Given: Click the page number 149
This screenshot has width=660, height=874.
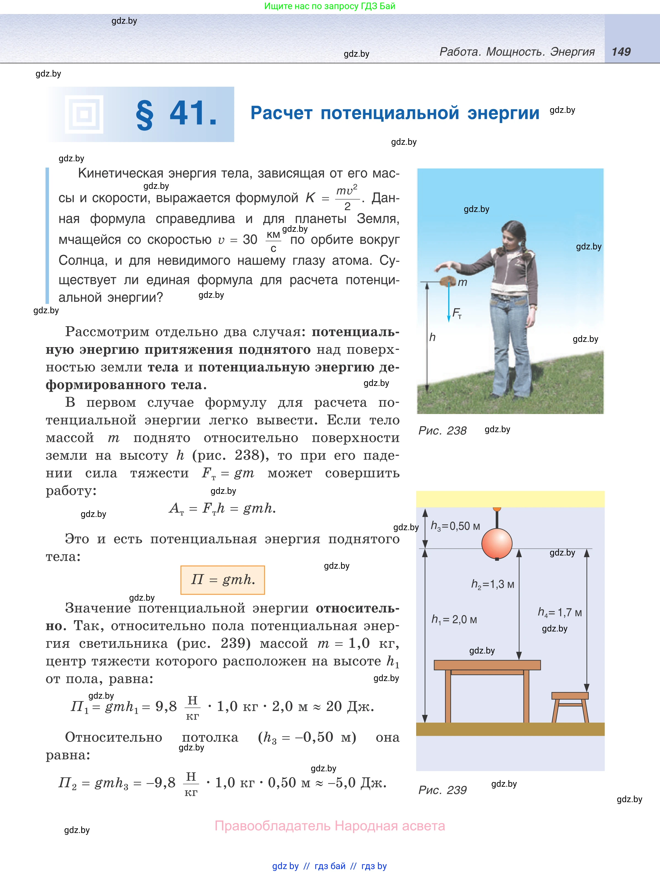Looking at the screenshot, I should coord(621,52).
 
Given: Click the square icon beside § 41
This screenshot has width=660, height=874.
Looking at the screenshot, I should coord(84,115).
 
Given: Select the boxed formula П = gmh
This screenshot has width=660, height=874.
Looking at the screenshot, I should coord(222,580).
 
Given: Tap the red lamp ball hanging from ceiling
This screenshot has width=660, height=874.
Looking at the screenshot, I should coord(497,544).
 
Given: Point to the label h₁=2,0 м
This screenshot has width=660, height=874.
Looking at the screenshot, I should coord(454,619).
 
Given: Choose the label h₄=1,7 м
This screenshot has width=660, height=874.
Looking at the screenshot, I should coord(560,612).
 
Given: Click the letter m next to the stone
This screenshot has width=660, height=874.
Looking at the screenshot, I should coord(462,282).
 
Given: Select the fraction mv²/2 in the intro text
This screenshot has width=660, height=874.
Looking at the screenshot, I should coord(347,198).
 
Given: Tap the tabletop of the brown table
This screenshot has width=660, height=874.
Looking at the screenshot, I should coord(487,665).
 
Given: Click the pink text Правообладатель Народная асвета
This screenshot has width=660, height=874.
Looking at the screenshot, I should coord(329,826).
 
